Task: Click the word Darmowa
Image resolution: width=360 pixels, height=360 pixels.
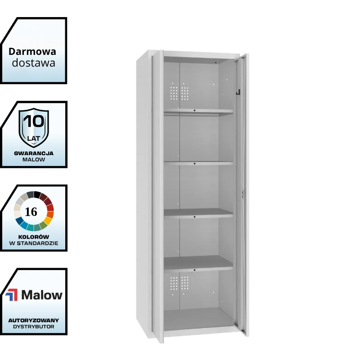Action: tap(32, 52)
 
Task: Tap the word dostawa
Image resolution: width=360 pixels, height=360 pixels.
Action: tap(33, 63)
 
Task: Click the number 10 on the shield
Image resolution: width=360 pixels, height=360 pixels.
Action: tap(34, 121)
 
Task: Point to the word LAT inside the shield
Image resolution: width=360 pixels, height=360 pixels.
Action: tap(33, 139)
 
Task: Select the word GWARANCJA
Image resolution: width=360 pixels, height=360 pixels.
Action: tap(34, 153)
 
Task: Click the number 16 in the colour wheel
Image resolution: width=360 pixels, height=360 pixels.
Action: tap(31, 211)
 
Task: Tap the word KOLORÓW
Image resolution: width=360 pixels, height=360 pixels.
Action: tap(33, 237)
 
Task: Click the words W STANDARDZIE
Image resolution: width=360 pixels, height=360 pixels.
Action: tap(34, 243)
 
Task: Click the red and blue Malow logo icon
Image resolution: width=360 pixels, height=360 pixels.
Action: tap(12, 295)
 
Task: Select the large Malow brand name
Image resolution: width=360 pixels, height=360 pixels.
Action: tap(42, 295)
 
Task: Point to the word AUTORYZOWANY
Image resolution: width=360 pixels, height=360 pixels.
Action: tap(34, 320)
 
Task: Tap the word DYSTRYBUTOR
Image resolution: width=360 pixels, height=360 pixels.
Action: tap(34, 327)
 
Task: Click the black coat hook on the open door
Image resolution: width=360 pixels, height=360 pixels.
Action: tap(238, 92)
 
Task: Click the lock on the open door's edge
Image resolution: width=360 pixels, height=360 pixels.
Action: tap(243, 194)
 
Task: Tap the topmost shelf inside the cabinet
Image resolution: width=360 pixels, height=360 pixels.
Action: tap(198, 112)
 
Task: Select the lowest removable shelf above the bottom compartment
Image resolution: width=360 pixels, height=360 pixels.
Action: tap(198, 264)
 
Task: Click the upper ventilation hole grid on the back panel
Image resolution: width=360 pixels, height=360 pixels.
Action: tap(179, 93)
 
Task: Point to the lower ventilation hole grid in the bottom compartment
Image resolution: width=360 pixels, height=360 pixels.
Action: tap(179, 283)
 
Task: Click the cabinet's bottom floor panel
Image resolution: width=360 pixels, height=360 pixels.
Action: tap(199, 319)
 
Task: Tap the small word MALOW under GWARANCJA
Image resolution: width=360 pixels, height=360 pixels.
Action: tap(34, 160)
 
